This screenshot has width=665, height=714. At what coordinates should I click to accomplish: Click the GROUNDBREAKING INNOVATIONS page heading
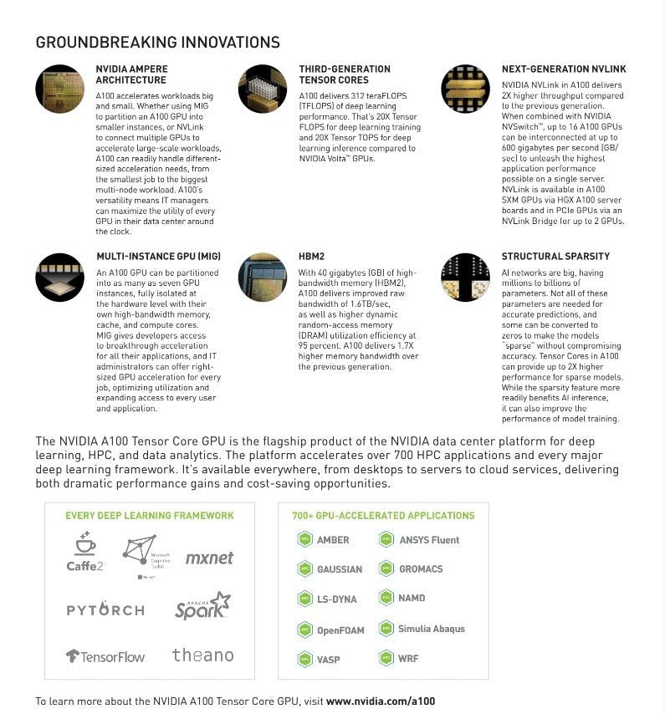pos(157,43)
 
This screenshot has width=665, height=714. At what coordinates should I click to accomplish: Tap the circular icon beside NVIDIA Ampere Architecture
pos(59,89)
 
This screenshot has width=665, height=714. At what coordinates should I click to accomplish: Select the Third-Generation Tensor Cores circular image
pos(262,89)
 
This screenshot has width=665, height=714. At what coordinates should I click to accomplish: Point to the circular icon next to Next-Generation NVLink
pos(465,89)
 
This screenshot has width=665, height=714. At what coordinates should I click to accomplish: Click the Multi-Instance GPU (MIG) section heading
pos(158,256)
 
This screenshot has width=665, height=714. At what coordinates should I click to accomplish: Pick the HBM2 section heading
pos(312,256)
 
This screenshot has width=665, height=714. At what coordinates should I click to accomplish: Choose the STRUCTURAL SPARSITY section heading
pos(555,256)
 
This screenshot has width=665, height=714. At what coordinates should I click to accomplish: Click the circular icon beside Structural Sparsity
pos(465,278)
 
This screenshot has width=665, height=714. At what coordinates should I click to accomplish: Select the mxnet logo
pos(209,558)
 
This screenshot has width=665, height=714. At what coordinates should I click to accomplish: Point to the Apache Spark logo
pos(202,606)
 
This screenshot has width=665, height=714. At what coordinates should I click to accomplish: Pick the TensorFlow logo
pos(105,656)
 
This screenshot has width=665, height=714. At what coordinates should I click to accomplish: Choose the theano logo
pos(202,655)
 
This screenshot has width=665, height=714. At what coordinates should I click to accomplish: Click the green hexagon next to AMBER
pos(304,540)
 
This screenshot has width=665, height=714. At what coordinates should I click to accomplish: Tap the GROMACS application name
pos(421,569)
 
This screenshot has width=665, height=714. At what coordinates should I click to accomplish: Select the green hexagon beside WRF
pos(386,658)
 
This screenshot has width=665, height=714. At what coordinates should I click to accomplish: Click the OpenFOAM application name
pos(340,630)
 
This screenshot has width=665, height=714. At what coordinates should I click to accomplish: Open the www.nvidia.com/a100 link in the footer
pos(381,701)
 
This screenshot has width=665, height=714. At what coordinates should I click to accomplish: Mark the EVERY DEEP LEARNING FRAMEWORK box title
pos(150,516)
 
